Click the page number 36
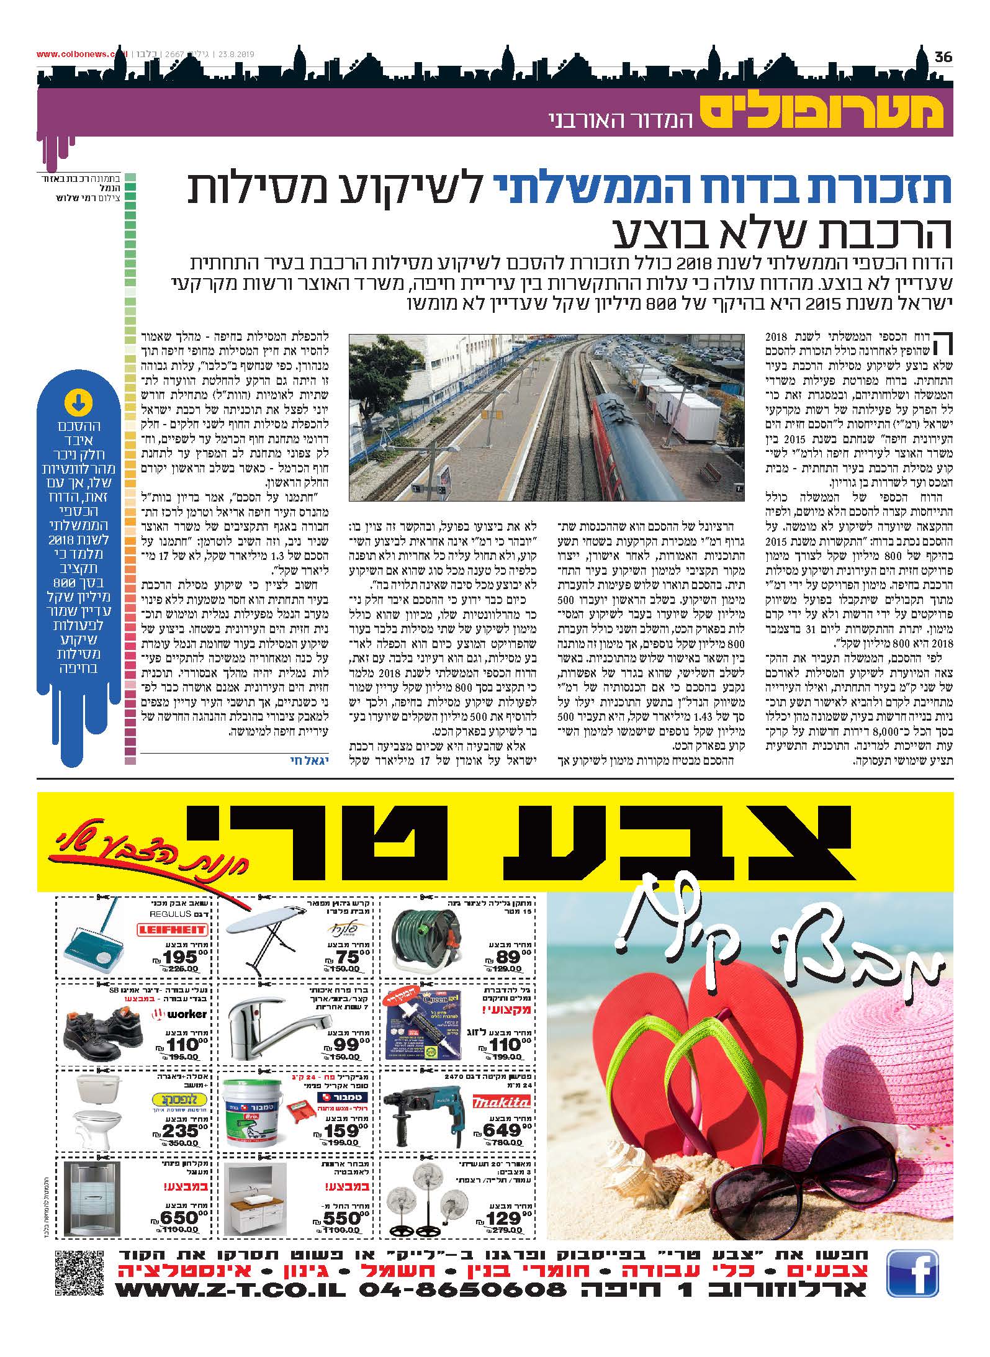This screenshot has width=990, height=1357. point(943,57)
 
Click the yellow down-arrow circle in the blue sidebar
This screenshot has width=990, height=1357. point(77,403)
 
